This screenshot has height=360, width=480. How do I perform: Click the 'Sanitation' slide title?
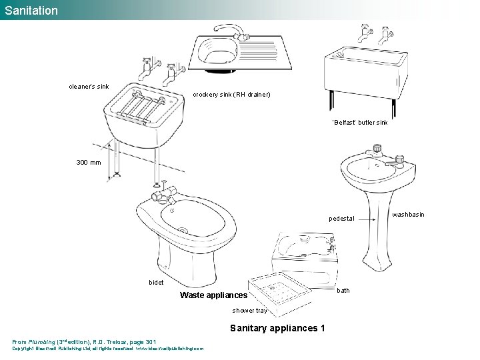tap(30, 10)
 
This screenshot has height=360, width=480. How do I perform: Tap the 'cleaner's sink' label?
tap(89, 86)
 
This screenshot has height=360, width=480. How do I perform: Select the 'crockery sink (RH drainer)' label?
tap(232, 95)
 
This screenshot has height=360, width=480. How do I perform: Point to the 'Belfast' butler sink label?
tap(360, 123)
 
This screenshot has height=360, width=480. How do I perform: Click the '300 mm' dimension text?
tap(89, 162)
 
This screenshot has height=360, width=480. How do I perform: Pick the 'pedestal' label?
tap(341, 219)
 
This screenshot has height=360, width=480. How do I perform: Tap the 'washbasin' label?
tap(408, 215)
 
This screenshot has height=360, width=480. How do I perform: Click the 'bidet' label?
tap(156, 283)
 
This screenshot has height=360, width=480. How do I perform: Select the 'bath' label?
tap(343, 291)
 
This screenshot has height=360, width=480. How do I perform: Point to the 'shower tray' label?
tap(249, 311)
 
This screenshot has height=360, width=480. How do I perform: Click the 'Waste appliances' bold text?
tap(214, 295)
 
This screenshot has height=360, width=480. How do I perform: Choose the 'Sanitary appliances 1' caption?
tap(277, 328)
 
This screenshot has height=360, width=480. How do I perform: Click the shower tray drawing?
tap(281, 291)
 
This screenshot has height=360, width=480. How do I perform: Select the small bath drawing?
tap(305, 253)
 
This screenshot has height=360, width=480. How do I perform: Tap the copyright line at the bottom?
tap(108, 348)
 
